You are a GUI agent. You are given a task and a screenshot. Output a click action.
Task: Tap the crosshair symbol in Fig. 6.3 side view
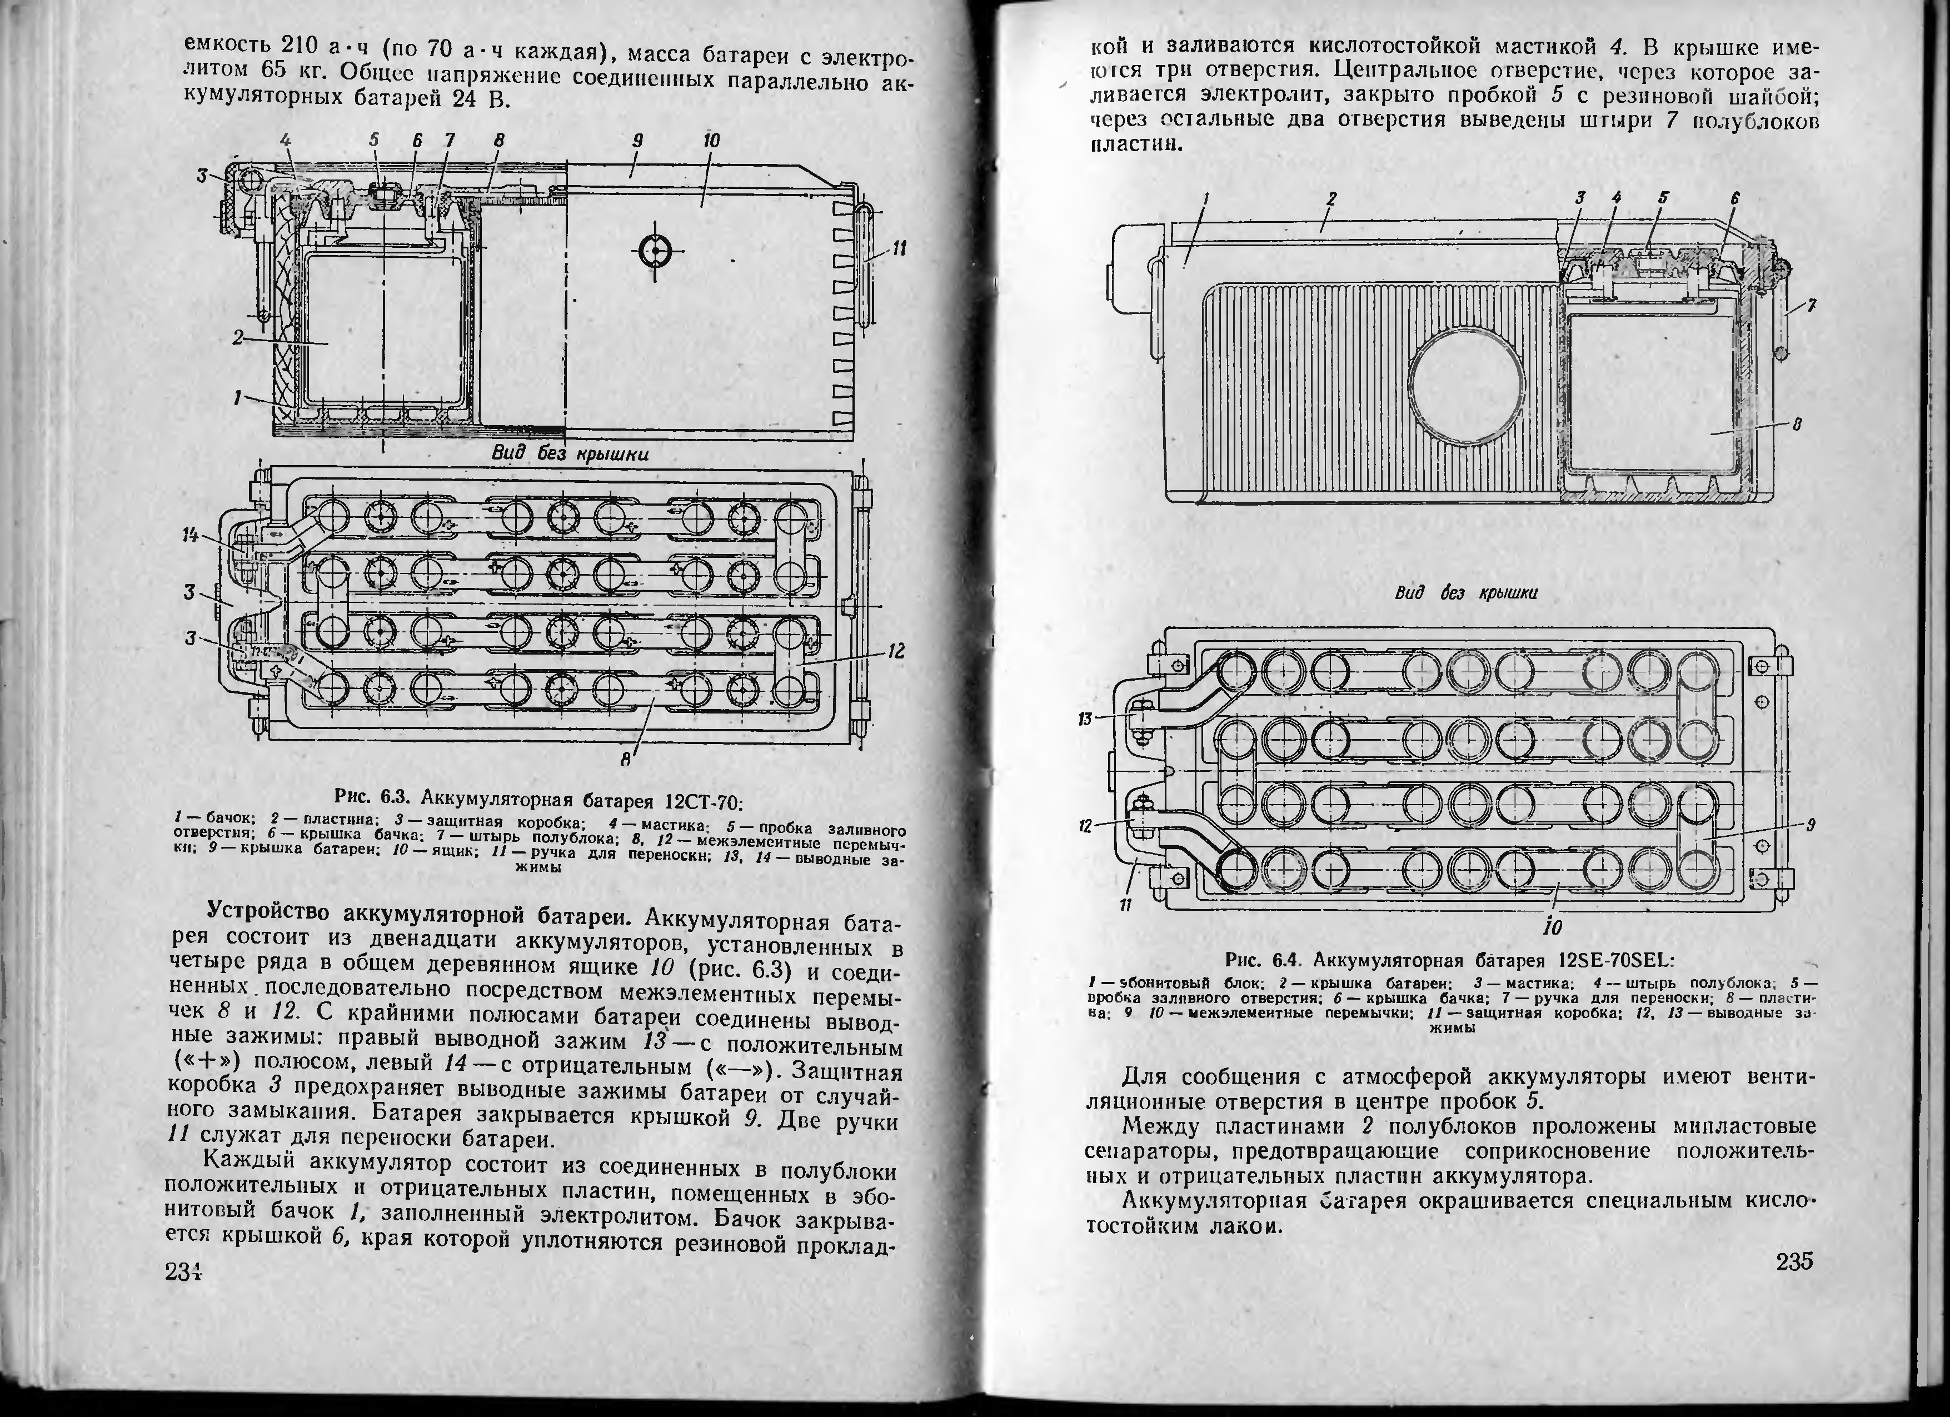tap(655, 250)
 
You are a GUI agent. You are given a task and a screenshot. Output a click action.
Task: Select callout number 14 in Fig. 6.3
tap(190, 535)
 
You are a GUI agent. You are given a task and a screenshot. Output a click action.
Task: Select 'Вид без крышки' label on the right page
tap(1466, 593)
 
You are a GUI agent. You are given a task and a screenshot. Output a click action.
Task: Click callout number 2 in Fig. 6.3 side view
tap(236, 338)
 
